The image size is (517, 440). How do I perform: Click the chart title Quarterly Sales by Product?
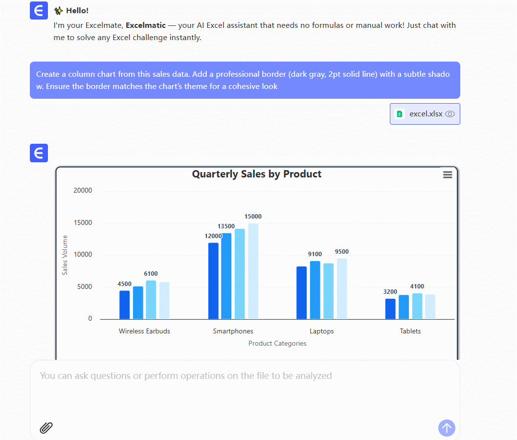click(256, 174)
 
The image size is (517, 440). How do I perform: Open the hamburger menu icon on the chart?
click(448, 175)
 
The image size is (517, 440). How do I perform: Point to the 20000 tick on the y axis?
click(83, 191)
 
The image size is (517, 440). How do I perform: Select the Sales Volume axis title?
click(65, 255)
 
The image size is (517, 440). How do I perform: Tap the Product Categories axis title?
click(277, 343)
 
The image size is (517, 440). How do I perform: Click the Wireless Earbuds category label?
click(144, 331)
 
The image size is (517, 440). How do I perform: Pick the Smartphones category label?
click(233, 331)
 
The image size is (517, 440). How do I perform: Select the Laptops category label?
click(321, 331)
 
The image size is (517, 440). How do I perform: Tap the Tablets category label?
click(410, 331)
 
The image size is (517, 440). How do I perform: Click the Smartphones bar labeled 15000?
click(253, 271)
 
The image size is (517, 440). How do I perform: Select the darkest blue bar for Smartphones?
click(213, 281)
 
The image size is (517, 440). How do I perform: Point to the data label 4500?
click(124, 284)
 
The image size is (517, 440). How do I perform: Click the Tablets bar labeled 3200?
click(390, 308)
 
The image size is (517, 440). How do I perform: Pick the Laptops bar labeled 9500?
click(342, 288)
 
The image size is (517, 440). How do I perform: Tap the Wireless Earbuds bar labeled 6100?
click(151, 299)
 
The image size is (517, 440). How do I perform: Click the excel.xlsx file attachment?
click(425, 114)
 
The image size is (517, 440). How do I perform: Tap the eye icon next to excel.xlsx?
click(450, 114)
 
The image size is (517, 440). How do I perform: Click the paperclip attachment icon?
click(46, 428)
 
